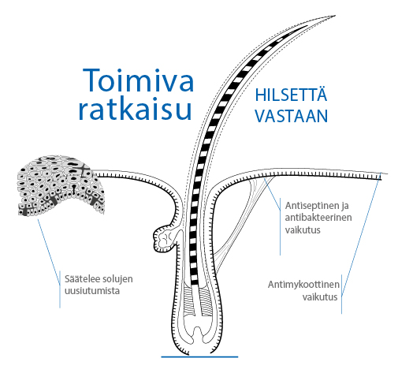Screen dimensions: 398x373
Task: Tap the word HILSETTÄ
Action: pos(291,95)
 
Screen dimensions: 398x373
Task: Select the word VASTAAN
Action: pos(292,116)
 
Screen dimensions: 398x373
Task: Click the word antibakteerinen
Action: pos(318,218)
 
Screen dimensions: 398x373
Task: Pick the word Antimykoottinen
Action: pos(303,285)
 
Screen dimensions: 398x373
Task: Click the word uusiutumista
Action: pos(92,291)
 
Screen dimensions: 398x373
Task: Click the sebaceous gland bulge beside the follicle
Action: pos(164,239)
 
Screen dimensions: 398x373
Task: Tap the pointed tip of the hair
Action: pos(335,16)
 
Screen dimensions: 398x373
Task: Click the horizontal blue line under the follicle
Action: pos(199,356)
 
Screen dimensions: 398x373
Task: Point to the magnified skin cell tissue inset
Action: pos(61,185)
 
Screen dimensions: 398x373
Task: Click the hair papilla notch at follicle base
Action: pos(198,334)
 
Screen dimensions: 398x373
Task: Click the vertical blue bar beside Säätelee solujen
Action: pos(60,289)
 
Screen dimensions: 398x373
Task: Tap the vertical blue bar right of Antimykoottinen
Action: pos(341,294)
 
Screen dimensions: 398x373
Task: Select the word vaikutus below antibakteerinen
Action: pos(303,229)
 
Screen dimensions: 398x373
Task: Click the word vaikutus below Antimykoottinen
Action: pos(320,297)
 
